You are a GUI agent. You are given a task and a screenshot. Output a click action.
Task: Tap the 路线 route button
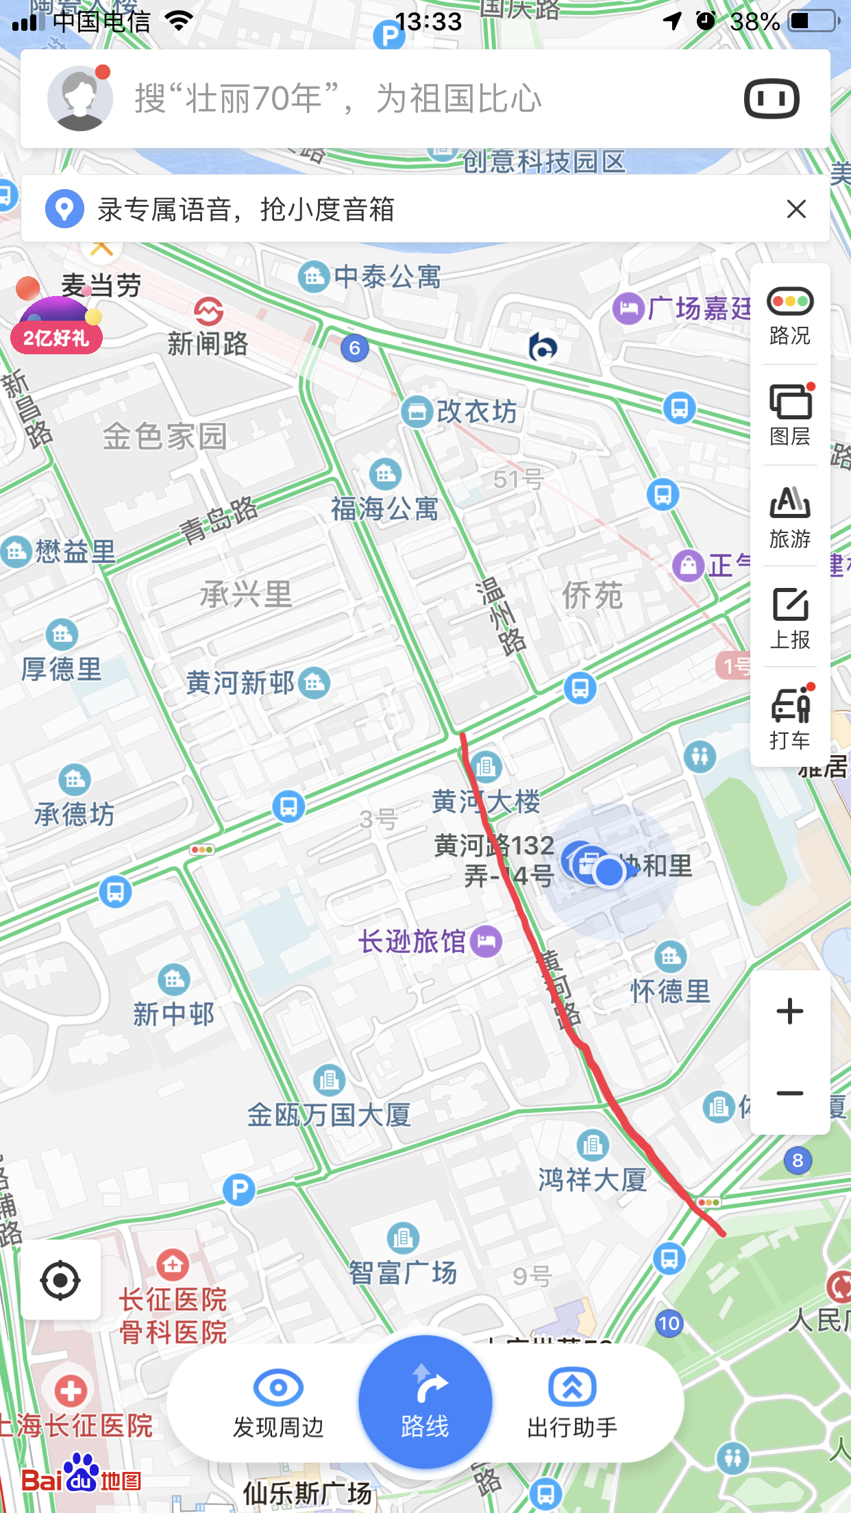click(x=425, y=1401)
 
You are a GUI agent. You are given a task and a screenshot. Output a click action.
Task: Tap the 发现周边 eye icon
click(x=278, y=1388)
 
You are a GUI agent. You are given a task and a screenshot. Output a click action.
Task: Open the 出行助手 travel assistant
click(x=572, y=1401)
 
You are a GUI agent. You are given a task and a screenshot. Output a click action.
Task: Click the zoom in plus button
click(x=790, y=1011)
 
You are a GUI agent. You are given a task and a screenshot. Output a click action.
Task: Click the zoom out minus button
click(x=790, y=1094)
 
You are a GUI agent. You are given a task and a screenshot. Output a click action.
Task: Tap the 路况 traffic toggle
click(x=790, y=315)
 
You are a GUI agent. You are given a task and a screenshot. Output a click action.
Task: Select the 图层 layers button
click(x=790, y=415)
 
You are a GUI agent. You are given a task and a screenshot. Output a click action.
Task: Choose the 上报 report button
click(x=790, y=617)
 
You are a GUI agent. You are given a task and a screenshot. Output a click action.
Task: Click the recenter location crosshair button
click(x=60, y=1279)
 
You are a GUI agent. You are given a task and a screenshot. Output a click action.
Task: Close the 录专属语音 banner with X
click(x=796, y=209)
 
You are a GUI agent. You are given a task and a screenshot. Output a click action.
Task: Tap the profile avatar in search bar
click(x=80, y=99)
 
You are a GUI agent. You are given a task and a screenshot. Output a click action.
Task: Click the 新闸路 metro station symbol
click(x=208, y=312)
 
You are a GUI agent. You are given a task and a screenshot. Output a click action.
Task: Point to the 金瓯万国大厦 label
click(x=329, y=1115)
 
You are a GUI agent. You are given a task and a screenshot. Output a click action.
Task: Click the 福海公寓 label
click(x=384, y=508)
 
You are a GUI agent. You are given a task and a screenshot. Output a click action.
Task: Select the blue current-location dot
click(x=608, y=872)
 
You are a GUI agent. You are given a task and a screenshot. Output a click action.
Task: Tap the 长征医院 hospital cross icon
click(x=173, y=1264)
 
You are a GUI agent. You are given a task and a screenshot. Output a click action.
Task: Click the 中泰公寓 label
click(x=387, y=277)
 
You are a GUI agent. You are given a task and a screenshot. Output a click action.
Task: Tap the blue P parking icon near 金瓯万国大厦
click(x=239, y=1190)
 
